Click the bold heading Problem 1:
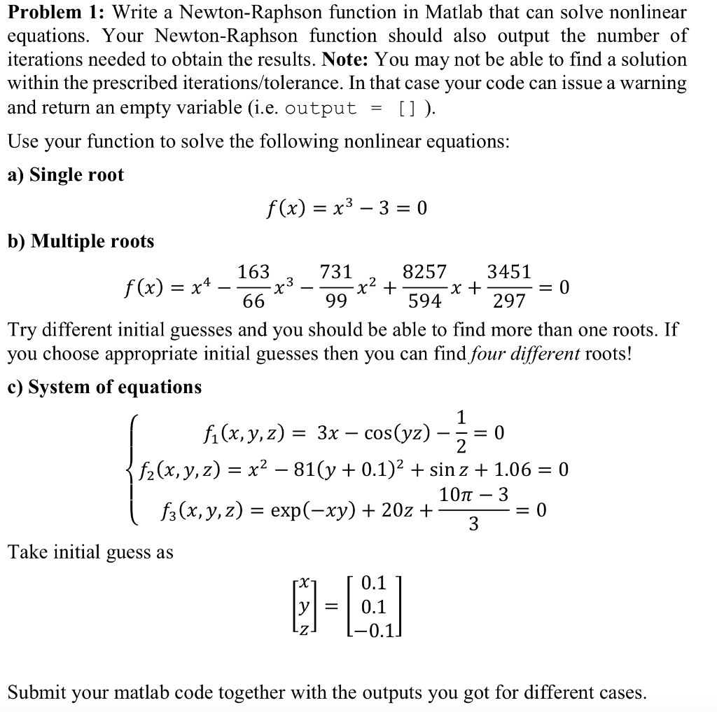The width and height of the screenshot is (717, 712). pyautogui.click(x=56, y=12)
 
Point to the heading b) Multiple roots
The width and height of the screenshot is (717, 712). pyautogui.click(x=81, y=241)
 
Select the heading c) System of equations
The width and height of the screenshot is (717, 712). pyautogui.click(x=104, y=387)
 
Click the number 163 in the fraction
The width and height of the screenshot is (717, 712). pyautogui.click(x=253, y=272)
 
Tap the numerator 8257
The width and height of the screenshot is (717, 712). pyautogui.click(x=424, y=272)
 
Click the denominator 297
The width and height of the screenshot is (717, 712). pyautogui.click(x=508, y=301)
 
